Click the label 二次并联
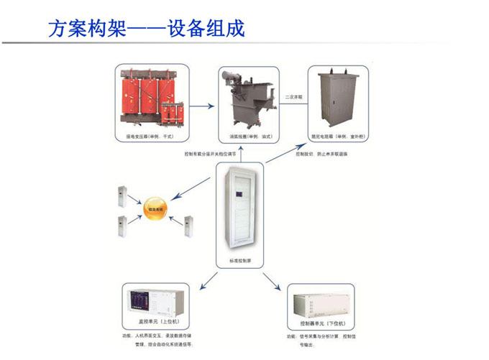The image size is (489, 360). coord(294,96)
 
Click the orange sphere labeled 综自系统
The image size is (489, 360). coord(152,208)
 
